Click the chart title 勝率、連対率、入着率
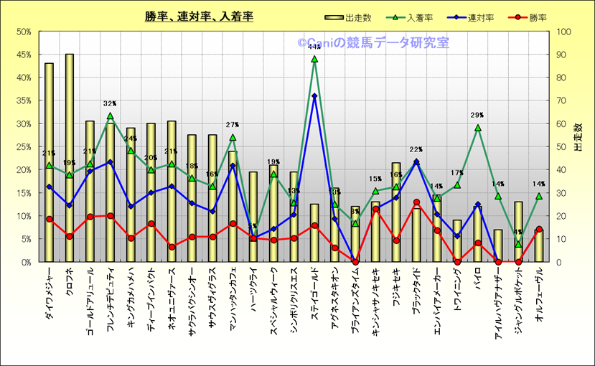tap(198, 16)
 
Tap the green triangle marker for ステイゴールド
tap(314, 59)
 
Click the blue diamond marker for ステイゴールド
tap(314, 95)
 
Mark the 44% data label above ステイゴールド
tap(314, 47)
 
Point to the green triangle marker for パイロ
tap(477, 128)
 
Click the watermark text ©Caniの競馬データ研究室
tap(373, 43)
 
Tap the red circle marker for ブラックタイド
tap(416, 202)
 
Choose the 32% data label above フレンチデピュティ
tap(110, 103)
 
